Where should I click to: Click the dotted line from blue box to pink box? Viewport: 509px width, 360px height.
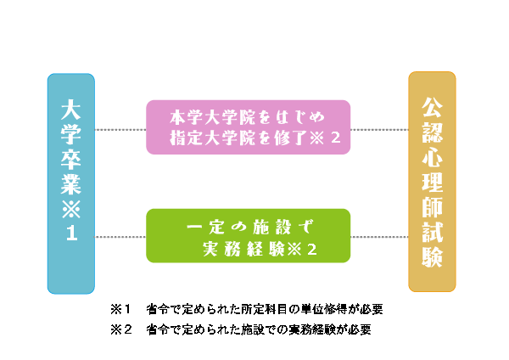pyautogui.click(x=120, y=130)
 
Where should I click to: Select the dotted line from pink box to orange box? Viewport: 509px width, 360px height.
pyautogui.click(x=379, y=130)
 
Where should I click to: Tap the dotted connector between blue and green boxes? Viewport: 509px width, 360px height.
pyautogui.click(x=120, y=237)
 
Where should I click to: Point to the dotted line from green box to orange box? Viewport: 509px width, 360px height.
pyautogui.click(x=379, y=237)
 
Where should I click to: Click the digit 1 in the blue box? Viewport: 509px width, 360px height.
pyautogui.click(x=72, y=233)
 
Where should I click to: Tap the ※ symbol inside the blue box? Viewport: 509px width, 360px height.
pyautogui.click(x=71, y=209)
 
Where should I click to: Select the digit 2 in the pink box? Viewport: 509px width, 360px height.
pyautogui.click(x=335, y=138)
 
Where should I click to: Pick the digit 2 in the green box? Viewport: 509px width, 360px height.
pyautogui.click(x=311, y=250)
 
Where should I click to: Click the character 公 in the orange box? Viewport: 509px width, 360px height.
pyautogui.click(x=432, y=108)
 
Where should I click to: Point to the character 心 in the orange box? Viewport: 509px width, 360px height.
pyautogui.click(x=432, y=158)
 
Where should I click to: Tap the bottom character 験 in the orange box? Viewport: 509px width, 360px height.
pyautogui.click(x=432, y=256)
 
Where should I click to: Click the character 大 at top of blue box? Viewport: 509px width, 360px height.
pyautogui.click(x=71, y=110)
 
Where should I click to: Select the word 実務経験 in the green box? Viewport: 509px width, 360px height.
pyautogui.click(x=243, y=250)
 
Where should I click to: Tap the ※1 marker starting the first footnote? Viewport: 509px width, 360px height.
pyautogui.click(x=120, y=309)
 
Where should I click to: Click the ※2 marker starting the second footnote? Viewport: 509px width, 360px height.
pyautogui.click(x=121, y=329)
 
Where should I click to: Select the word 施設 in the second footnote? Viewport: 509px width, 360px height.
pyautogui.click(x=253, y=329)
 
